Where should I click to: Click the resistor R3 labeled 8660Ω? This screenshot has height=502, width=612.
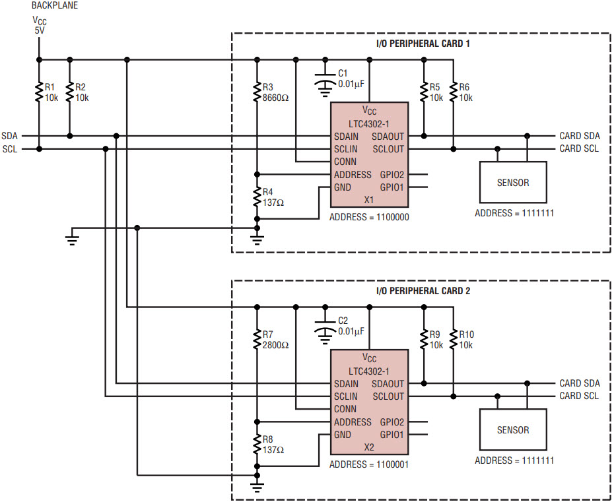(257, 92)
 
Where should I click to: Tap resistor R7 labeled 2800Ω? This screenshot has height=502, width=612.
(257, 340)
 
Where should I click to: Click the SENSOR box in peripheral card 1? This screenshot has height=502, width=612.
(513, 182)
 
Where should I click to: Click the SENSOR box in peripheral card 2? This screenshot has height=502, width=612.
(513, 429)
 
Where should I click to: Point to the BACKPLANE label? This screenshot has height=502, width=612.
(55, 5)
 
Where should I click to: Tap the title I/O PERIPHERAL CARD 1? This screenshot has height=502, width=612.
(423, 44)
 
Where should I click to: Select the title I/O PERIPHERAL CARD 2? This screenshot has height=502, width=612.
(423, 291)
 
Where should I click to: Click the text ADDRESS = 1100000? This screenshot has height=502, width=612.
(369, 217)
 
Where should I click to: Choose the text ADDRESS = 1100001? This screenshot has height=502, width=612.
(369, 464)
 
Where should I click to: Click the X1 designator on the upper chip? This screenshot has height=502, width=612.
(369, 200)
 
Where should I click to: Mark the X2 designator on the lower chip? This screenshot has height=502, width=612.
(369, 447)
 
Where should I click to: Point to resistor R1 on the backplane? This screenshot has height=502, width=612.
(39, 92)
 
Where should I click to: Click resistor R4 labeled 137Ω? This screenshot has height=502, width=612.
(257, 197)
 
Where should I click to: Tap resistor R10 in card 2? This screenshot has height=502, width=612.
(453, 340)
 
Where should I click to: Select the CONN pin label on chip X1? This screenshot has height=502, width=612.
(345, 162)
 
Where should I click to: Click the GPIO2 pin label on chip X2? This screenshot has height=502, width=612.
(392, 422)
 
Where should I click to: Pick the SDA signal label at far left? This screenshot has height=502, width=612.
(10, 136)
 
